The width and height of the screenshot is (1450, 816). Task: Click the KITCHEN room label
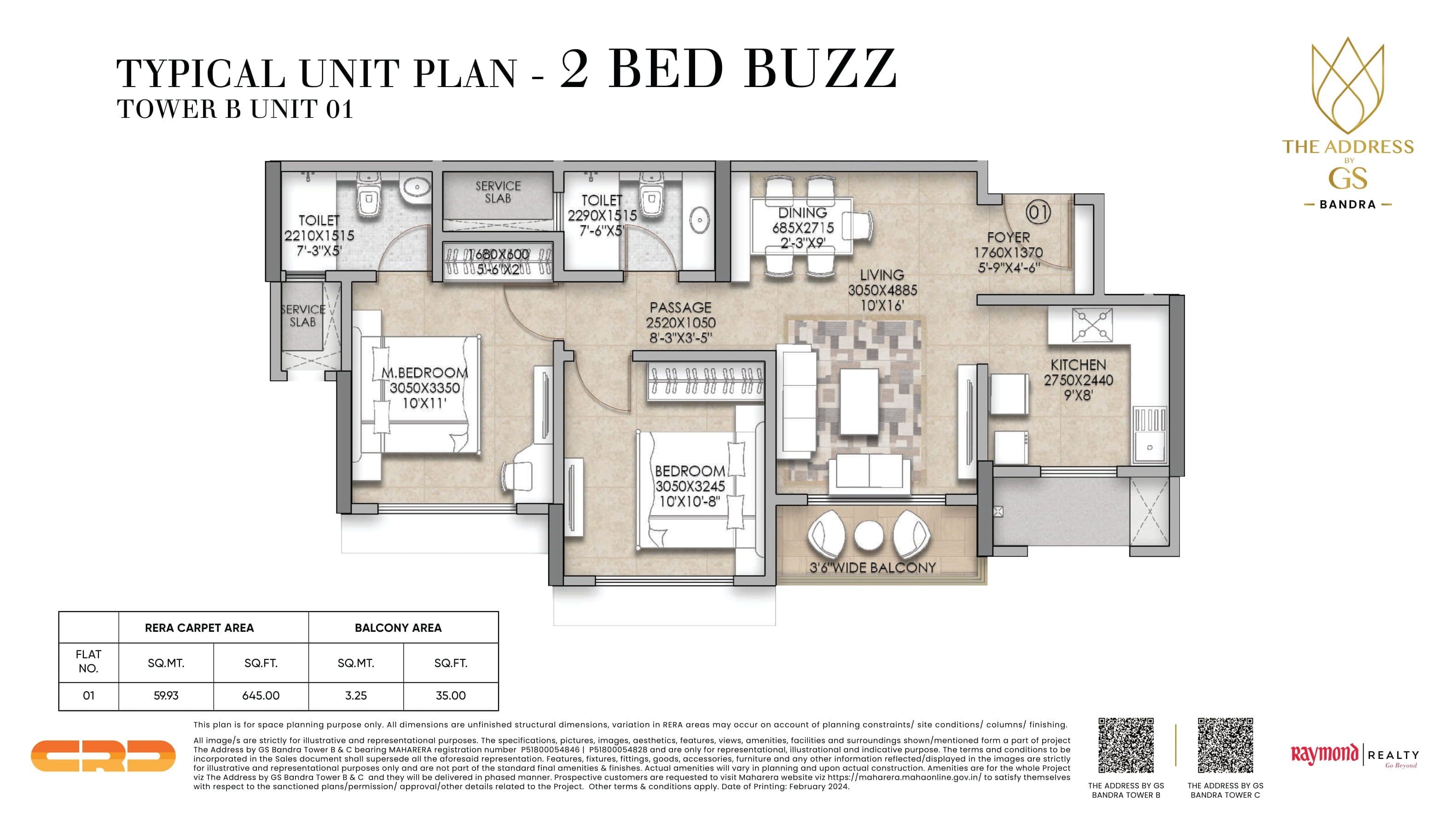pyautogui.click(x=1078, y=365)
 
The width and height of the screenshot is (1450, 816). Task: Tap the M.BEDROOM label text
pyautogui.click(x=424, y=373)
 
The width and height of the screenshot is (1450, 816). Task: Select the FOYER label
pyautogui.click(x=1008, y=238)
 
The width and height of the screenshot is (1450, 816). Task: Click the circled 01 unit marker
pyautogui.click(x=1038, y=212)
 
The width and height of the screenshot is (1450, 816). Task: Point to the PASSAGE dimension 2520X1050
pyautogui.click(x=680, y=323)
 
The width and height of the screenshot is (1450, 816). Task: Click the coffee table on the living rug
pyautogui.click(x=859, y=401)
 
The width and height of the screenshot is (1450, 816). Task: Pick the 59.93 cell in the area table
pyautogui.click(x=166, y=695)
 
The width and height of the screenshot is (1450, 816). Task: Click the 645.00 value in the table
pyautogui.click(x=261, y=695)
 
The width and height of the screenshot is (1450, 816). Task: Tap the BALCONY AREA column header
pyautogui.click(x=398, y=627)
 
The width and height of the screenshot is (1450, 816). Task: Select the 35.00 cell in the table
pyautogui.click(x=450, y=695)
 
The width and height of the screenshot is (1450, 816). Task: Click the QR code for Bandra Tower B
pyautogui.click(x=1126, y=745)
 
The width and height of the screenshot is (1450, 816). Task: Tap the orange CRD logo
pyautogui.click(x=103, y=756)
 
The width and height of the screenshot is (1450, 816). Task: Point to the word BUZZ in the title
pyautogui.click(x=820, y=69)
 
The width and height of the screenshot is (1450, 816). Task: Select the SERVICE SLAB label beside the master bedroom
pyautogui.click(x=303, y=315)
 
